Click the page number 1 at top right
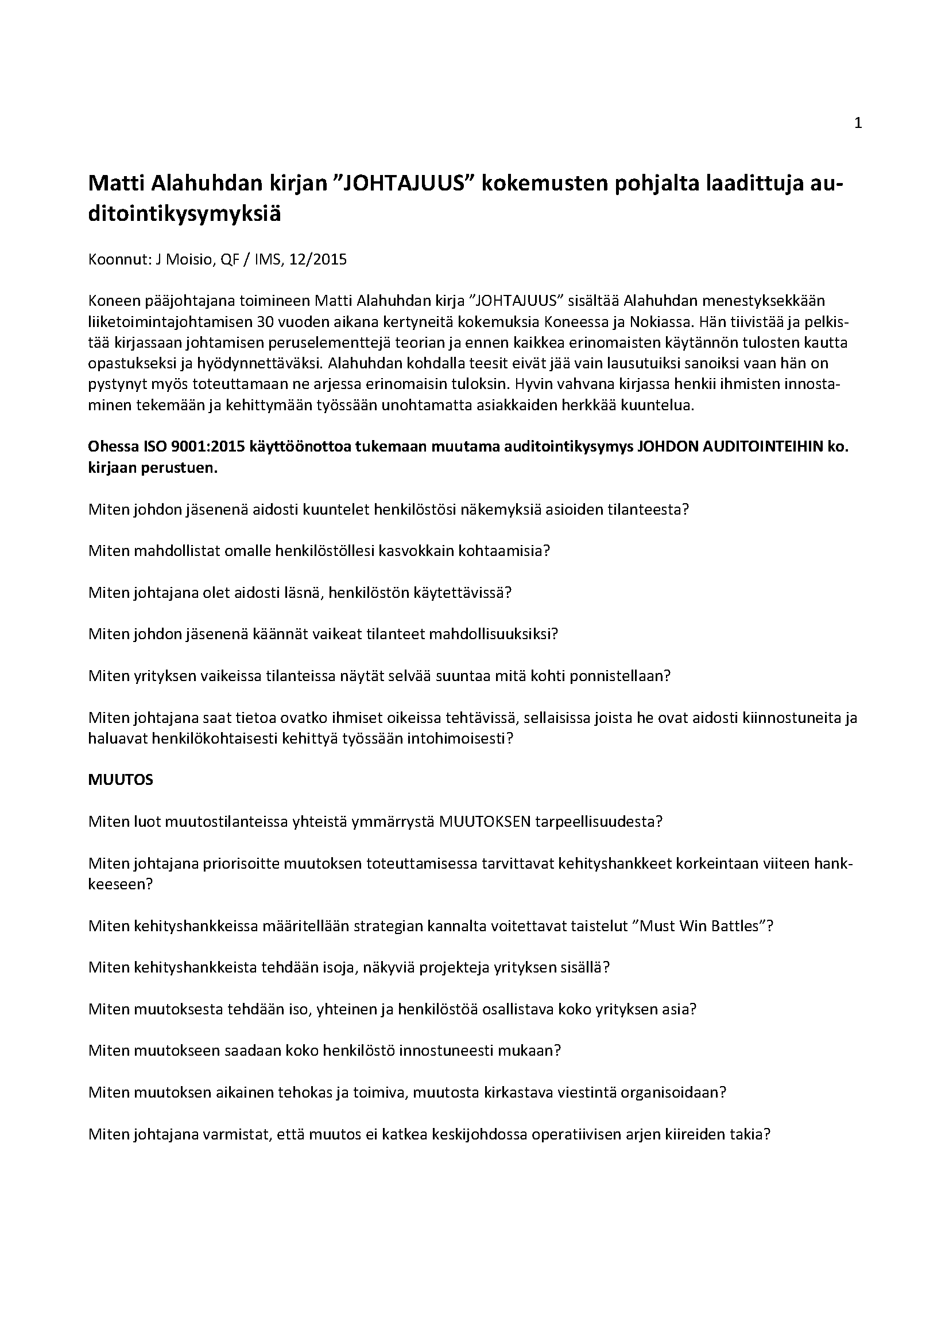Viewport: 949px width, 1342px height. (x=858, y=123)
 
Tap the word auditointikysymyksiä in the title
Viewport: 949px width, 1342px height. (x=184, y=214)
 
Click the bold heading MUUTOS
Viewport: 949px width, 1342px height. (x=121, y=780)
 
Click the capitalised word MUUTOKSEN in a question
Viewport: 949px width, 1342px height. (x=485, y=822)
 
